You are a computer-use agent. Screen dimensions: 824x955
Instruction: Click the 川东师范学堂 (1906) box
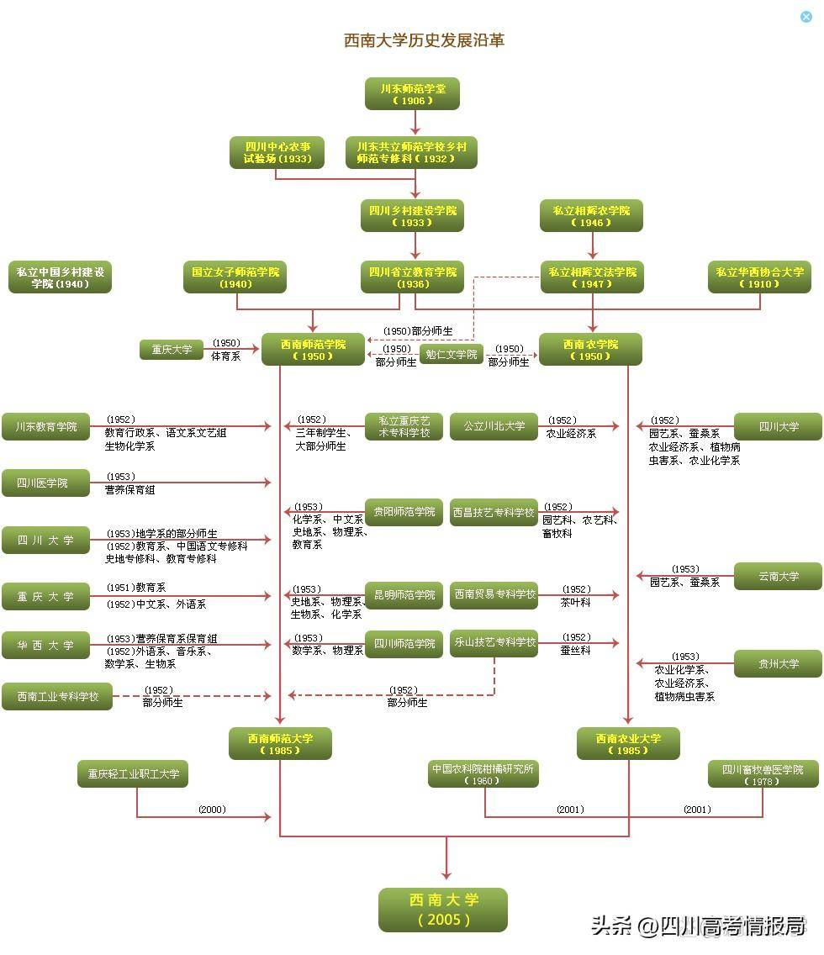[412, 94]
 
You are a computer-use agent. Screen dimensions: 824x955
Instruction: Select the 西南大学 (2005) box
[443, 910]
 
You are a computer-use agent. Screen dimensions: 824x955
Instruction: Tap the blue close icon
[806, 17]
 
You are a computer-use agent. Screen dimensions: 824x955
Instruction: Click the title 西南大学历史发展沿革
[424, 40]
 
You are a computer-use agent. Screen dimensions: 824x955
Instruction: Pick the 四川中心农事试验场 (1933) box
[277, 152]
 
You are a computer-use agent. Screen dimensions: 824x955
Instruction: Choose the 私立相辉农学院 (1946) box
[591, 215]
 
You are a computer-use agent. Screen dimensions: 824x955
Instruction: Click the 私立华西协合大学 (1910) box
[759, 277]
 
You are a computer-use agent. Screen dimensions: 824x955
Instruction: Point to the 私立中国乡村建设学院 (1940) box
[61, 277]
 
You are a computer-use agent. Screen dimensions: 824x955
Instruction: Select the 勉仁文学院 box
[452, 355]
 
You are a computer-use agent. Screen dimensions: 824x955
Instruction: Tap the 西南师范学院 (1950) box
[313, 350]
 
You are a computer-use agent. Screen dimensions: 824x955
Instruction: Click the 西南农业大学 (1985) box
[628, 744]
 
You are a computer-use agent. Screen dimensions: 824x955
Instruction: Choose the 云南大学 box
[779, 576]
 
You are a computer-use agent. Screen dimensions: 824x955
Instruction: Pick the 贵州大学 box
[779, 664]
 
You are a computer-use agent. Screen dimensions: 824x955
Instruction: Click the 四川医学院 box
[45, 483]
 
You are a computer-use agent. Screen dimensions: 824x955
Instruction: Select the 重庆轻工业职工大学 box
[133, 773]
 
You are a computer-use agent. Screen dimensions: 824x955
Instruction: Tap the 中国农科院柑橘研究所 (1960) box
[483, 773]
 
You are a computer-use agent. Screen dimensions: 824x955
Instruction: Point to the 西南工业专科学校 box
[57, 696]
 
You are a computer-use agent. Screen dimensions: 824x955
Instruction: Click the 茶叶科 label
[575, 603]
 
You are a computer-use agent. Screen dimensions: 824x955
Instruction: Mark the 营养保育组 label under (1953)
[129, 489]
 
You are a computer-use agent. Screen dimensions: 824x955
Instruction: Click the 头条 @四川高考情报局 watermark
[699, 926]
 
